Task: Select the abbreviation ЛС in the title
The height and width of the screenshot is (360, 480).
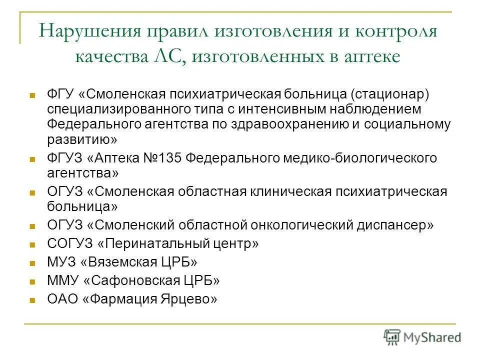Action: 173,56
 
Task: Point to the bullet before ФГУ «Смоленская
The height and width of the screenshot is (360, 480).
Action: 32,94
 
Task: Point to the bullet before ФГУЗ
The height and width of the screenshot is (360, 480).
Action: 32,159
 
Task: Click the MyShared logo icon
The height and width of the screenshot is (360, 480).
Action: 392,337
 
